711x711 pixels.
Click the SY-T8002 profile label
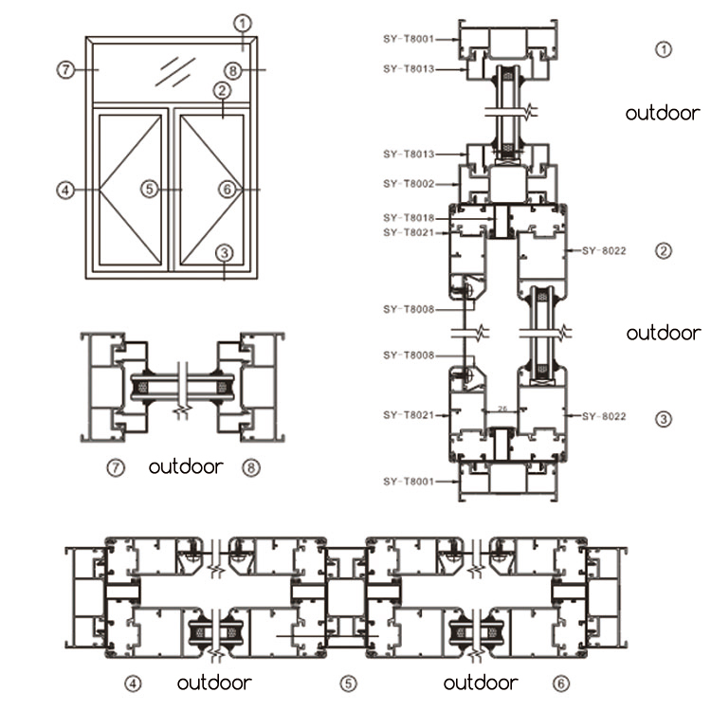[409, 183]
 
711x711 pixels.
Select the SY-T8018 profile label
[409, 218]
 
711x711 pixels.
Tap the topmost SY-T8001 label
[409, 40]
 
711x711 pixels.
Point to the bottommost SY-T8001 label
[409, 482]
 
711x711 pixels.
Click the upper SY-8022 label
[600, 250]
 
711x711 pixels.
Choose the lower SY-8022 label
[600, 415]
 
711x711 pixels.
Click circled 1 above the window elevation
[244, 22]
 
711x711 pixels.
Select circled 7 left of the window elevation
[64, 69]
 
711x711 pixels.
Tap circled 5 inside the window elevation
[149, 189]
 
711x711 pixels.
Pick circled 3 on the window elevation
[224, 253]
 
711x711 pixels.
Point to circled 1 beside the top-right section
[664, 49]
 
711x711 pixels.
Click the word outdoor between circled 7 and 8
[186, 466]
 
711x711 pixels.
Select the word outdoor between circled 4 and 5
[214, 683]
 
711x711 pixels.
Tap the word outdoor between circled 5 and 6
[481, 683]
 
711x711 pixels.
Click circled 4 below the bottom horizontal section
[133, 683]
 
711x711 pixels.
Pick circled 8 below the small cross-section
[249, 466]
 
